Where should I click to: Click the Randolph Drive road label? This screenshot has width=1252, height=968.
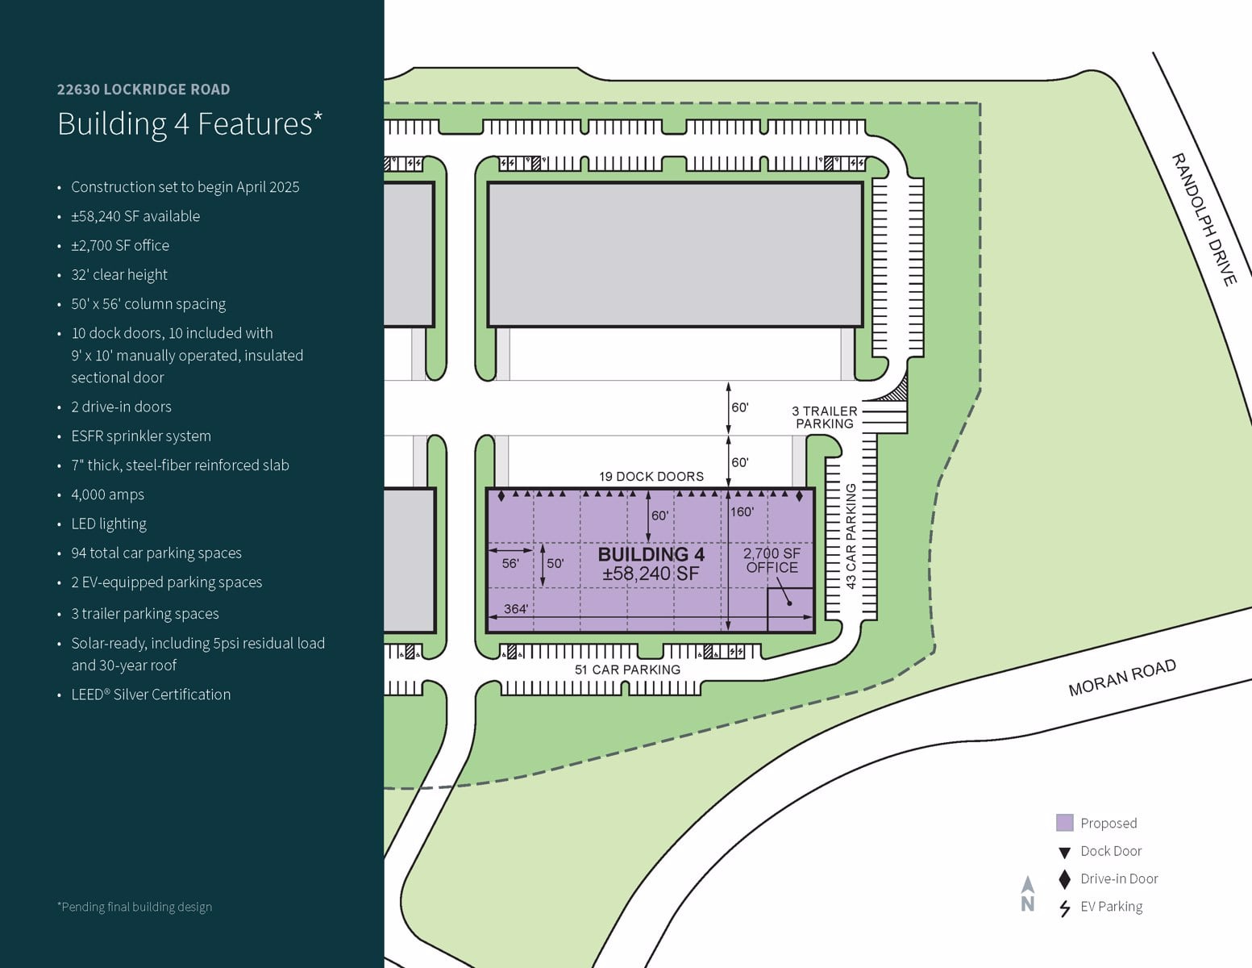(1203, 219)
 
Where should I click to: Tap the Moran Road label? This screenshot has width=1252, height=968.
(1121, 678)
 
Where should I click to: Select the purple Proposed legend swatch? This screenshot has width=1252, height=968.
(1064, 823)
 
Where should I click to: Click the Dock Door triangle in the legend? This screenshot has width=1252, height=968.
(1064, 852)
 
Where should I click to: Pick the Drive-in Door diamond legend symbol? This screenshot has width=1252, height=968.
(1064, 879)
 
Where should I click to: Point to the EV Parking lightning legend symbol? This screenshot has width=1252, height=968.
(1064, 908)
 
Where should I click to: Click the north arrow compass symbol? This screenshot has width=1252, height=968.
(1028, 894)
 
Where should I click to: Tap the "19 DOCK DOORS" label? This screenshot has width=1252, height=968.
(651, 477)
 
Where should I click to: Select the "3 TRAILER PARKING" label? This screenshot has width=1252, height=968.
(824, 417)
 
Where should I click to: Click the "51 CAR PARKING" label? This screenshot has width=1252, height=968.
(627, 670)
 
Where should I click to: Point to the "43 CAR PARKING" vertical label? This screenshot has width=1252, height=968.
(851, 536)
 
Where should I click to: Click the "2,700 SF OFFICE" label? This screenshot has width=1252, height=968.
(772, 561)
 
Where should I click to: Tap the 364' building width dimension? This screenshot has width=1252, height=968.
(515, 609)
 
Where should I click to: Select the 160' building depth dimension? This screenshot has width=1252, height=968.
(742, 512)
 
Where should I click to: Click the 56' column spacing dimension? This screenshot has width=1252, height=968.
(510, 563)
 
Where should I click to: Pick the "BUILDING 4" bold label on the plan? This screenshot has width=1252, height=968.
(651, 554)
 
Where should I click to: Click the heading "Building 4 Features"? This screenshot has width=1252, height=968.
(189, 124)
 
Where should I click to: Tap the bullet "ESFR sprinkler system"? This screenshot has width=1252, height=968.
(141, 436)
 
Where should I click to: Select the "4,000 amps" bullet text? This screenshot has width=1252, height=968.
(107, 494)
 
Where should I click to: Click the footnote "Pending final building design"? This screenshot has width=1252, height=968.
(135, 907)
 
